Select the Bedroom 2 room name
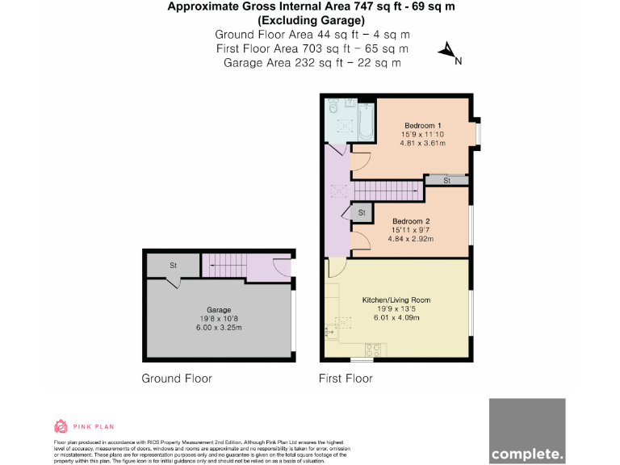pos(411,220)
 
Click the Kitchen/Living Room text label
pos(396,300)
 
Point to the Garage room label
pos(219,309)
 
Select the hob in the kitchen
pos(373,350)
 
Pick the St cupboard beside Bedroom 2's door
pos(361,212)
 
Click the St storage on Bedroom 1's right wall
pos(446,181)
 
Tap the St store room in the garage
pos(173,265)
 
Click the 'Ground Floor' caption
pos(177,378)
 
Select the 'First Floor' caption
pos(346,378)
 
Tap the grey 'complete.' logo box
pos(526,431)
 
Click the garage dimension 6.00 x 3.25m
pos(219,327)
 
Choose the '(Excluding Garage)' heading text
pos(309,19)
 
